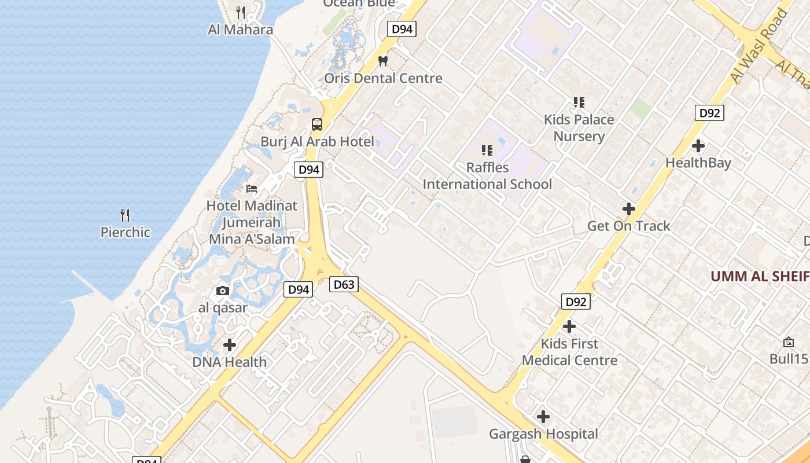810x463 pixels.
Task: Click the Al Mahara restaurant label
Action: (240, 30)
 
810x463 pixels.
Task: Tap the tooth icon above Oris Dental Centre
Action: (382, 60)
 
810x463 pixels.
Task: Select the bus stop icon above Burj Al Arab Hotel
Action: (317, 124)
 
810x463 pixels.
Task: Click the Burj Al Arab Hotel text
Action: (317, 141)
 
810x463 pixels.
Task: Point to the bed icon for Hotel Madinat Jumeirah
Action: (252, 188)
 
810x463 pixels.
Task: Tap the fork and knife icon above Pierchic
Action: (125, 215)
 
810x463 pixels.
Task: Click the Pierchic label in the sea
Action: (125, 232)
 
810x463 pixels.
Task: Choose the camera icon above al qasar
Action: (223, 291)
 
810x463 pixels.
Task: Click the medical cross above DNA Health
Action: (230, 345)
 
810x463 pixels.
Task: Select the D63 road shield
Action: (344, 284)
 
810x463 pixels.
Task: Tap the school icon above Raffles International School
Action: (487, 150)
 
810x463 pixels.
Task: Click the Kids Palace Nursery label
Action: (579, 128)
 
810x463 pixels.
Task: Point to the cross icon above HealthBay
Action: (698, 145)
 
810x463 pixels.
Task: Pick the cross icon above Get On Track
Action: (629, 209)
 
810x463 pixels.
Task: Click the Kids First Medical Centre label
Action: (569, 352)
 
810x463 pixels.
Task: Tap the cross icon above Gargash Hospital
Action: (543, 417)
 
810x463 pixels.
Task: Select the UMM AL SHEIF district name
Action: (760, 276)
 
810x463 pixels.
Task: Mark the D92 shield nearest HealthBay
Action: (709, 113)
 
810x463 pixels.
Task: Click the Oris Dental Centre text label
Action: (383, 78)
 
